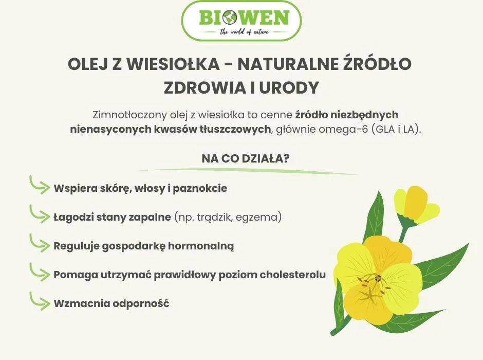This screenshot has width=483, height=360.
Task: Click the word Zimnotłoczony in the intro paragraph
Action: [x=125, y=114]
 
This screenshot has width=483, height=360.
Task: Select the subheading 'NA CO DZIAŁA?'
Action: [x=241, y=158]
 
